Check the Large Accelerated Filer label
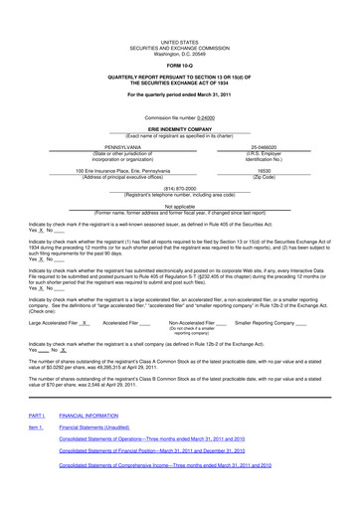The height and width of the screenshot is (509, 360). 50,350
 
